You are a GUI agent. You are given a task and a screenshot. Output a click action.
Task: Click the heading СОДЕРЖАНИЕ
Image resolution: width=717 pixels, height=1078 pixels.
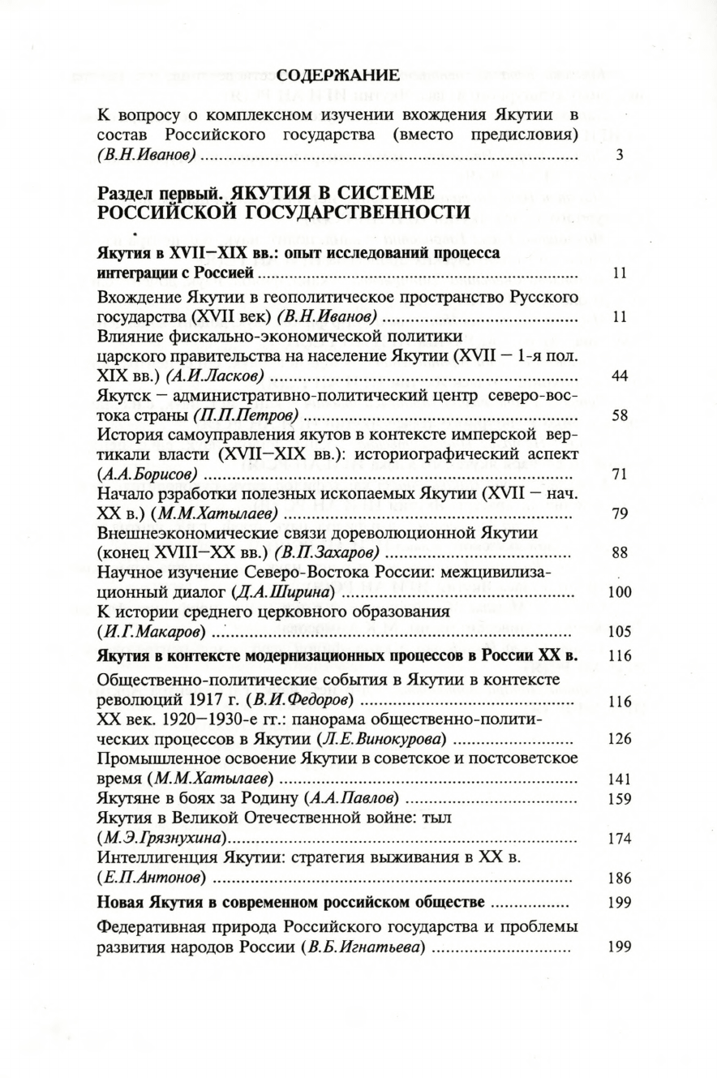338,76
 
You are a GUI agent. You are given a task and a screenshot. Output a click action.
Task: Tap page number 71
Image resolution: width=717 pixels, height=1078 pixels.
619,475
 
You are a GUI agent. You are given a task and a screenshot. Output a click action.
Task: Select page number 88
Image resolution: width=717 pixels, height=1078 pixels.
619,552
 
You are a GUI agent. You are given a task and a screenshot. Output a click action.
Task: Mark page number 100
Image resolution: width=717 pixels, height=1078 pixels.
619,591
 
